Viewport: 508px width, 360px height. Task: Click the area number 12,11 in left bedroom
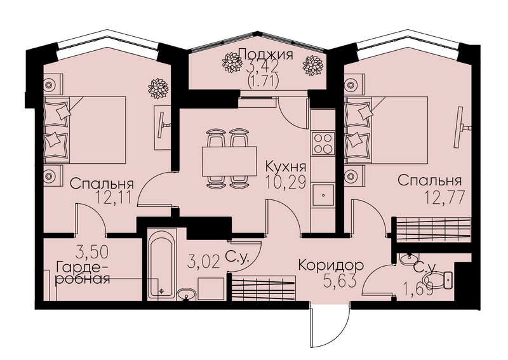click(x=114, y=197)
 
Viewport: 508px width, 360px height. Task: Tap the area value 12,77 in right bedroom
click(x=444, y=197)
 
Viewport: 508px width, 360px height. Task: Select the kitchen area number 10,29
click(x=285, y=183)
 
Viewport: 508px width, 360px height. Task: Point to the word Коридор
click(x=331, y=265)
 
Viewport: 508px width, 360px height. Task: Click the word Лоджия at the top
click(x=265, y=54)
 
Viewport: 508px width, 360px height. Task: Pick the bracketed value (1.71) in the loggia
click(x=263, y=83)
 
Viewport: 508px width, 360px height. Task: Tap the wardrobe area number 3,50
click(x=92, y=252)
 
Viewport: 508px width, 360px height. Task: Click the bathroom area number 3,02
click(x=203, y=262)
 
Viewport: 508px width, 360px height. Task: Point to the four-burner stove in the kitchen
click(x=323, y=143)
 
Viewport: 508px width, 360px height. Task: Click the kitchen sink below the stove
click(x=323, y=194)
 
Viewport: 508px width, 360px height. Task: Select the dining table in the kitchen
click(x=229, y=161)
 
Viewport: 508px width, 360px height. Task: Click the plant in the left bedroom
click(x=158, y=88)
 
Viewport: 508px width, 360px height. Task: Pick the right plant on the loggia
click(x=312, y=67)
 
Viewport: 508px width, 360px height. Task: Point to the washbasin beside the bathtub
click(x=186, y=295)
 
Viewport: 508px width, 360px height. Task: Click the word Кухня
click(x=285, y=167)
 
